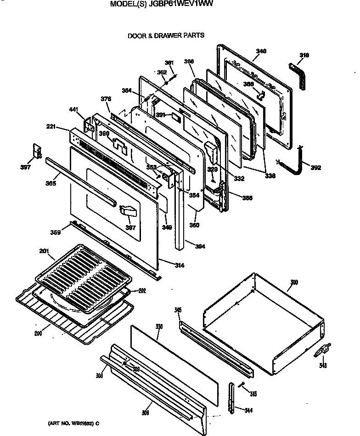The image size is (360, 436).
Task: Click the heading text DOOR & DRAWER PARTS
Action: point(166,35)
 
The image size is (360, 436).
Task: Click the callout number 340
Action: point(261,51)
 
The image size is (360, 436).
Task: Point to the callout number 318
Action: point(304,55)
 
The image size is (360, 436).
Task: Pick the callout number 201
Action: point(44,250)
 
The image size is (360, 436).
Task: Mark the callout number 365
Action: point(51,184)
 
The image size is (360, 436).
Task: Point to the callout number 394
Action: point(199,246)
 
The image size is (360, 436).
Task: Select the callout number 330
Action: point(159,326)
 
